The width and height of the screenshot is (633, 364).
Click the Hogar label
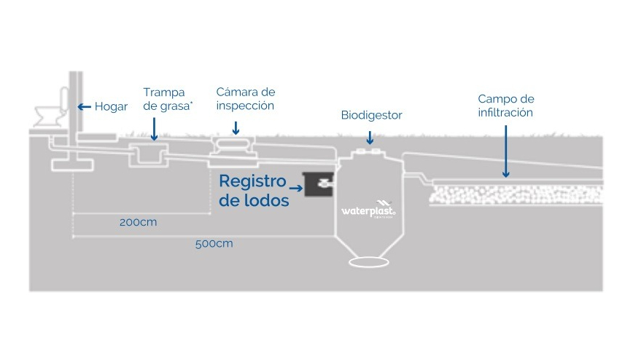pyautogui.click(x=111, y=106)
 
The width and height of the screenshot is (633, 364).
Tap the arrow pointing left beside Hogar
pyautogui.click(x=85, y=106)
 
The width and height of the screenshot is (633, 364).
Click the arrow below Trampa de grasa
pyautogui.click(x=154, y=132)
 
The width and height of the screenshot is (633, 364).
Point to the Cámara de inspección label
pyautogui.click(x=245, y=98)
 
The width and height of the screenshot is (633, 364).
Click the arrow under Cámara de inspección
pyautogui.click(x=236, y=128)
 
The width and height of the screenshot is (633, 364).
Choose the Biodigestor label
pyautogui.click(x=371, y=115)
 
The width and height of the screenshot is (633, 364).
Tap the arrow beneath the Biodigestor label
pyautogui.click(x=370, y=137)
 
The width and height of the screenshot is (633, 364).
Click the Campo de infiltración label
pyautogui.click(x=506, y=105)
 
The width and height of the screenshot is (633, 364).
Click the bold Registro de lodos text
pyautogui.click(x=254, y=191)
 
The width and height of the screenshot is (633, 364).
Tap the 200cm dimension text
pyautogui.click(x=138, y=222)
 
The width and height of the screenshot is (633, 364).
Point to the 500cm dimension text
pyautogui.click(x=214, y=243)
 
